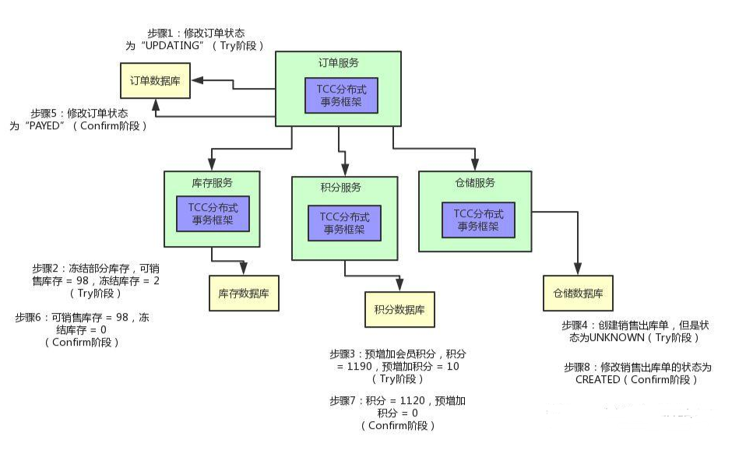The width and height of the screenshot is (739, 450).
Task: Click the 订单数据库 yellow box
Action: [x=154, y=79]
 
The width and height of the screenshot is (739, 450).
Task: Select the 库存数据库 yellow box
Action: [x=244, y=293]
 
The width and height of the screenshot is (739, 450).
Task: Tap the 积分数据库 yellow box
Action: [x=399, y=309]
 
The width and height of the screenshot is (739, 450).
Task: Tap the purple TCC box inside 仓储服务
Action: [x=478, y=219]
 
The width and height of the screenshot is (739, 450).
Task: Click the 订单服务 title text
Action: [x=339, y=62]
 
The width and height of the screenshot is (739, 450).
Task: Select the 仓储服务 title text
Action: [x=475, y=183]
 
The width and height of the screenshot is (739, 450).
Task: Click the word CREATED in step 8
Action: [x=597, y=380]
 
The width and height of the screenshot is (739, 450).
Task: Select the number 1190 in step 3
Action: [x=352, y=367]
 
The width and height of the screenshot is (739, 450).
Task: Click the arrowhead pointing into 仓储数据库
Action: [x=578, y=269]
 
